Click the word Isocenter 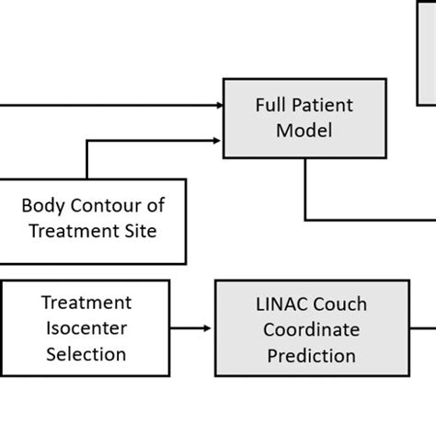pyautogui.click(x=86, y=327)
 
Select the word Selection pyautogui.click(x=86, y=352)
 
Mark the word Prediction pyautogui.click(x=310, y=353)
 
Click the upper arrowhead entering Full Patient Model pyautogui.click(x=217, y=105)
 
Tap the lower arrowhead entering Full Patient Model pyautogui.click(x=217, y=141)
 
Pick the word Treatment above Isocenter pyautogui.click(x=86, y=303)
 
